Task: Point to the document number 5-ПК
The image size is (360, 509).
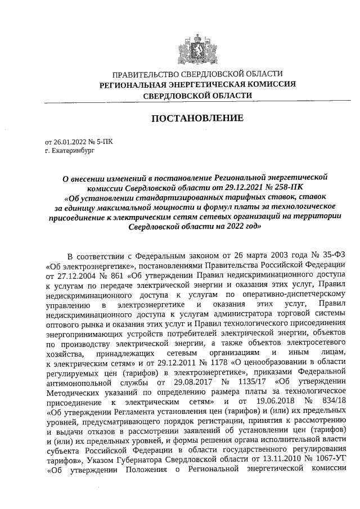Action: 103,142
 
